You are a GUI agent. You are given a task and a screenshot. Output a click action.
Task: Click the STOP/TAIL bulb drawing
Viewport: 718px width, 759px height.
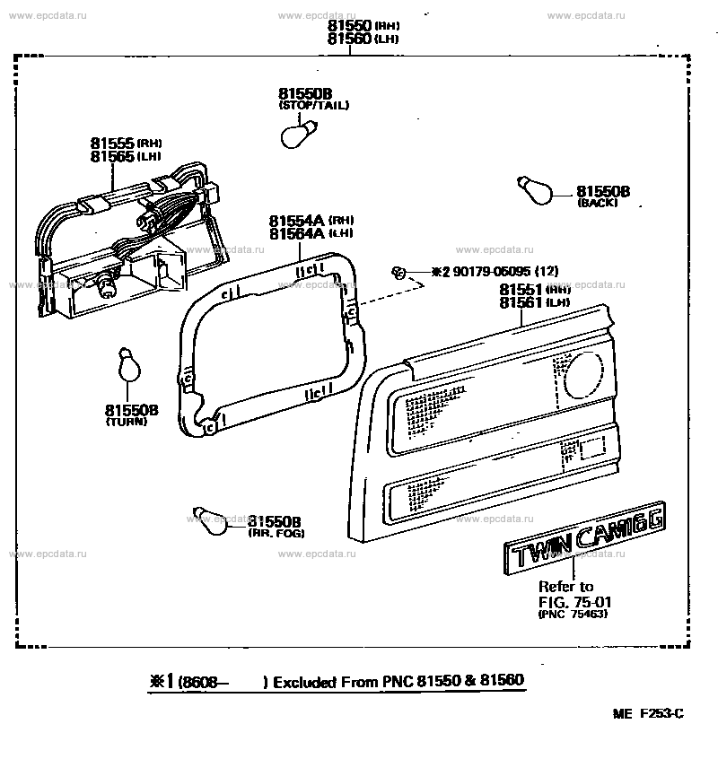(296, 135)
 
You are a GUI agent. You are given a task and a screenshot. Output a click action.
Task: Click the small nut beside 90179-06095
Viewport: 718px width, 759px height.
(398, 271)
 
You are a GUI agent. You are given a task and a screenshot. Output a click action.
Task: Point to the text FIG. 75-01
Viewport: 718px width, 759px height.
(565, 601)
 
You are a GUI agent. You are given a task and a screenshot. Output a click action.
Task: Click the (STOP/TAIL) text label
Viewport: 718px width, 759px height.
(313, 105)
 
